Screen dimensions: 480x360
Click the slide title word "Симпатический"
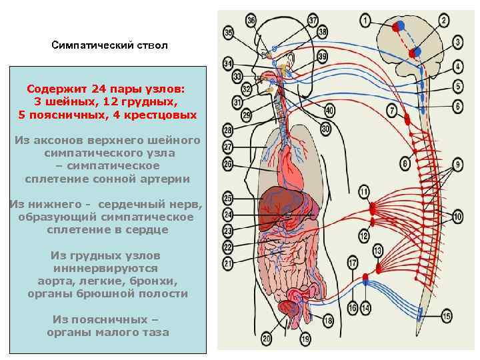91,46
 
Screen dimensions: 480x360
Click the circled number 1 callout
365,21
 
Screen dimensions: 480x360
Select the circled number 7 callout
391,109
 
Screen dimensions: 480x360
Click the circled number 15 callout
446,316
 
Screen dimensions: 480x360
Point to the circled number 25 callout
228,198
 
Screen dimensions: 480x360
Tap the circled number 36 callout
251,21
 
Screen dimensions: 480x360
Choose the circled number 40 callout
329,111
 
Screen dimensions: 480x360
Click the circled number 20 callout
267,339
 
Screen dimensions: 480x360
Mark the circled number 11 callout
363,193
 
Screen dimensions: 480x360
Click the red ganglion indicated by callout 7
406,120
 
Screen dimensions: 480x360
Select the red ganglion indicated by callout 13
378,269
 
